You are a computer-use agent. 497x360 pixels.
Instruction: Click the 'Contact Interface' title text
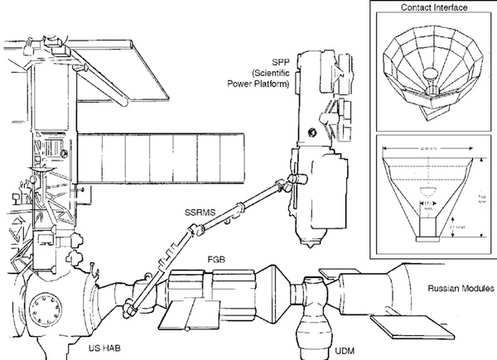click(x=434, y=7)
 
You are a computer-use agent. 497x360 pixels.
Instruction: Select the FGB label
click(x=218, y=259)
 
